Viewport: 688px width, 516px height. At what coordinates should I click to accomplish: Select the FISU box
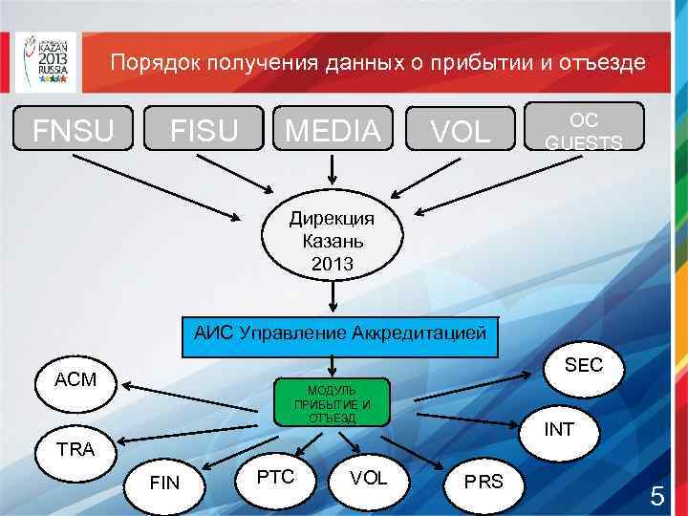204,130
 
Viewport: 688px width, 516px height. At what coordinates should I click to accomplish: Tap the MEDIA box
333,130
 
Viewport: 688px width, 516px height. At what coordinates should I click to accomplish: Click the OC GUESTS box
583,130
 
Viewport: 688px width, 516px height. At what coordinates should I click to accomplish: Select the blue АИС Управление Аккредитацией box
339,335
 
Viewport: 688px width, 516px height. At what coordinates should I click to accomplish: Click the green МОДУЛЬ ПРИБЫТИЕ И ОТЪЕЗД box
332,402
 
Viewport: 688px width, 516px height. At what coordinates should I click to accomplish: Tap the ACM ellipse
76,379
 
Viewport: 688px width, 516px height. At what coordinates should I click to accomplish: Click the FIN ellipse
165,483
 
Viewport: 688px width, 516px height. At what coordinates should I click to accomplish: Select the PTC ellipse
276,476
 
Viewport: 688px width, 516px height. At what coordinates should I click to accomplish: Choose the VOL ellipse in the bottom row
369,477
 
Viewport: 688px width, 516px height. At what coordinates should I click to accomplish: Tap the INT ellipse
559,430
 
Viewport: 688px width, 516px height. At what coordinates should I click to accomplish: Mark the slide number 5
656,497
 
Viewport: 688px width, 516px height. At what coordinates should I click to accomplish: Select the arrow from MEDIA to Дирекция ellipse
333,168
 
